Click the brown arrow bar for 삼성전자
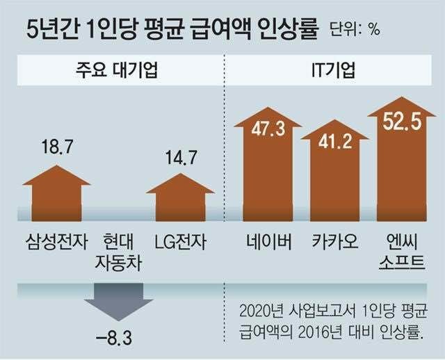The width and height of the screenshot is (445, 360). point(56,192)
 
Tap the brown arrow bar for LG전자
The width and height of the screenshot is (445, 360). point(180,195)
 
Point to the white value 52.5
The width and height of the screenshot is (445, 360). point(402,122)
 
